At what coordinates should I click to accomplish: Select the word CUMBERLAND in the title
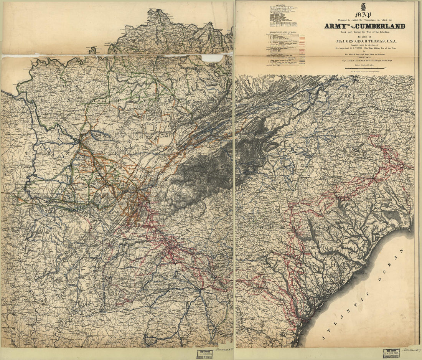(381, 26)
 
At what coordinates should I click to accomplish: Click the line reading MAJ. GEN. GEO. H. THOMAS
(364, 41)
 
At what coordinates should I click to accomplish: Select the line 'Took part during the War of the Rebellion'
(364, 32)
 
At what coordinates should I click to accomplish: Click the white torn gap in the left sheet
(213, 58)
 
